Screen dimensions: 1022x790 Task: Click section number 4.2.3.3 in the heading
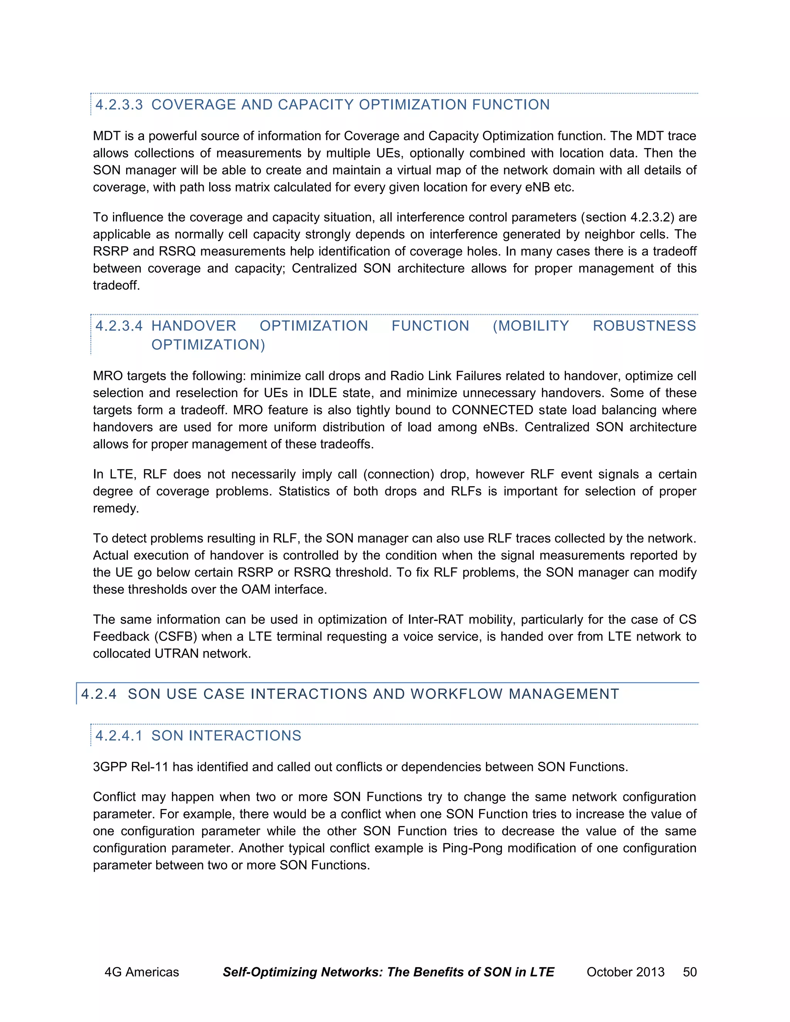point(119,105)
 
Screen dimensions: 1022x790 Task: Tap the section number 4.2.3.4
point(119,326)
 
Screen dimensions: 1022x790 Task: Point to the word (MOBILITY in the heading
point(531,326)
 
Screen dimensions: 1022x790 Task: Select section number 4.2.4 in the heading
point(98,693)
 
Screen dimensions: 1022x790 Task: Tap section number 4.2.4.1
point(119,735)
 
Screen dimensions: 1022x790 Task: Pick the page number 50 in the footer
point(689,972)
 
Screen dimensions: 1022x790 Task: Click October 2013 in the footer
point(625,972)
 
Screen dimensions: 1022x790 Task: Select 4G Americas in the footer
point(141,972)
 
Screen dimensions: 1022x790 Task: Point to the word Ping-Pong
point(472,848)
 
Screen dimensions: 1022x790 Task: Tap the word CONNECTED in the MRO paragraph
point(492,410)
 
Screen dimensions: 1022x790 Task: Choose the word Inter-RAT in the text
point(435,620)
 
